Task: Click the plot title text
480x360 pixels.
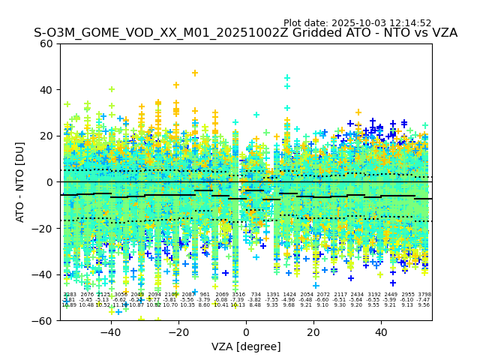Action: coord(245,33)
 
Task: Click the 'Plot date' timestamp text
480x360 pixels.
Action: coord(357,23)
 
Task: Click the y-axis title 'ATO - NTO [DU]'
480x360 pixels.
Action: coord(21,181)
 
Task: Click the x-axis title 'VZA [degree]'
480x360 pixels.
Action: coord(246,346)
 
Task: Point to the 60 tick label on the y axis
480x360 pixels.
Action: coord(46,43)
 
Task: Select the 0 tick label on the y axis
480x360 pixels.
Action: coord(49,182)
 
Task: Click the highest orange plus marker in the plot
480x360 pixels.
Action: coord(195,73)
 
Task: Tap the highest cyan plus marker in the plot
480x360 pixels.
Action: coord(287,78)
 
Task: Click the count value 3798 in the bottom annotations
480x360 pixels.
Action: coord(424,295)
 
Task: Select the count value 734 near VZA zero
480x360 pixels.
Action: coord(256,295)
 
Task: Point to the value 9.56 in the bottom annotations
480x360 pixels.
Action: coord(424,305)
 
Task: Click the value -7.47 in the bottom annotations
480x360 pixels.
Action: coord(424,300)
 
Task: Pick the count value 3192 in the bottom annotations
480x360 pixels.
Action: coord(373,295)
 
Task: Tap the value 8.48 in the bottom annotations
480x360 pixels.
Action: coord(256,305)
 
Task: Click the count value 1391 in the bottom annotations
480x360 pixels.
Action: coord(273,295)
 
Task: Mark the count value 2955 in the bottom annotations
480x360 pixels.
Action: coord(407,295)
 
